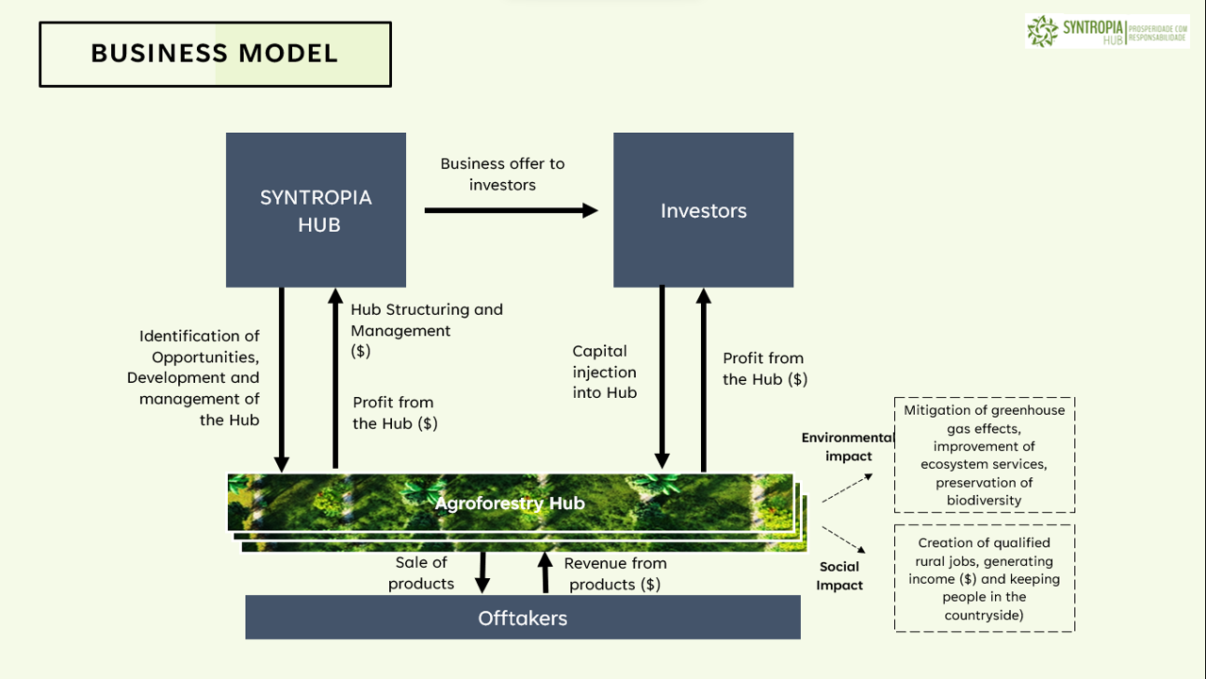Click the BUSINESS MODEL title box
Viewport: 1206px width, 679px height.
(215, 54)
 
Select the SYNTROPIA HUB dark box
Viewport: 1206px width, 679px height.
(316, 209)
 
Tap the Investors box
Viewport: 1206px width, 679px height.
(703, 209)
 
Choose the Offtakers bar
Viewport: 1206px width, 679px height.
(523, 618)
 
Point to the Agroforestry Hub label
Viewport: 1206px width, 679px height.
(510, 503)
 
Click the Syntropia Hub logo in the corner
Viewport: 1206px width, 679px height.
(1107, 31)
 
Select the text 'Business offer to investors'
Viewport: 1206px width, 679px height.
(502, 174)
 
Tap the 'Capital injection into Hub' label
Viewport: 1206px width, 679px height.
(605, 372)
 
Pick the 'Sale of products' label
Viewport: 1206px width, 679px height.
(421, 573)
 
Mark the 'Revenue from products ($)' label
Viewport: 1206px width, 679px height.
(615, 573)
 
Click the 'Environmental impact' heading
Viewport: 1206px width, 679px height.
(848, 447)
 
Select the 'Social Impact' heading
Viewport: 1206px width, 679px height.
(839, 575)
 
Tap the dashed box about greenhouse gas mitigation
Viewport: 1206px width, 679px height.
(985, 455)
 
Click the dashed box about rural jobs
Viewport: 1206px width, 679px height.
(985, 578)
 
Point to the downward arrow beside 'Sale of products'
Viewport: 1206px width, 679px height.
(482, 572)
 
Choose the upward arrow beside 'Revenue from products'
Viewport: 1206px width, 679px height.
(545, 572)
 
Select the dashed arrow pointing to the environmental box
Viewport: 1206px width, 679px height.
(847, 488)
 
